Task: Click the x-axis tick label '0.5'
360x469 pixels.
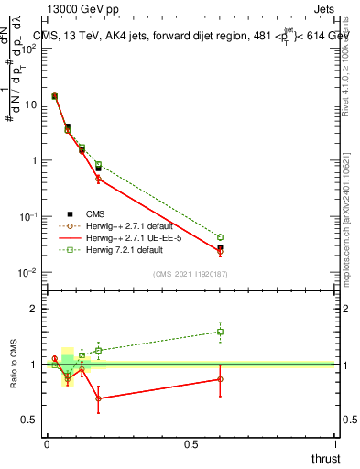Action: pos(191,444)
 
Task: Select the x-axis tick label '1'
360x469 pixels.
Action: pos(336,444)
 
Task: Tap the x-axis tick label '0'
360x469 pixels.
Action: pos(46,444)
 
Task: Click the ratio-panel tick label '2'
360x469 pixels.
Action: pos(35,309)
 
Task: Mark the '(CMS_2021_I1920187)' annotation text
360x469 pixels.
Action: pos(190,274)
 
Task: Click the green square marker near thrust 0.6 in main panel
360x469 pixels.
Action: pos(220,237)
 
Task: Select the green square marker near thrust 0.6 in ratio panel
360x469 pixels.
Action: pos(220,332)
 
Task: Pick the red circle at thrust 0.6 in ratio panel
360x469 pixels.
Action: pos(220,378)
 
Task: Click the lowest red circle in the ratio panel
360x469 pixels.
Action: pos(98,398)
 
